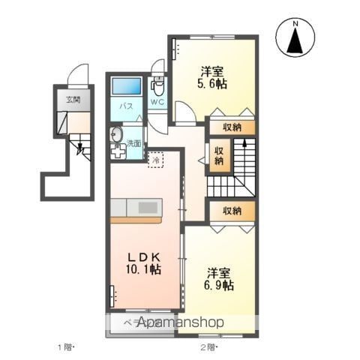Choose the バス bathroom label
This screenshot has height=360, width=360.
pyautogui.click(x=127, y=106)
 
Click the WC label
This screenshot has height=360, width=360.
pyautogui.click(x=157, y=101)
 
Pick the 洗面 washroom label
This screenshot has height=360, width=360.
pyautogui.click(x=133, y=142)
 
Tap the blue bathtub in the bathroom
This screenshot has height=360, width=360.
pyautogui.click(x=127, y=85)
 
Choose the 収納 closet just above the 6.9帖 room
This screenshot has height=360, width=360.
pyautogui.click(x=230, y=211)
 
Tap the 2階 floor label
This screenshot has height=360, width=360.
pyautogui.click(x=208, y=346)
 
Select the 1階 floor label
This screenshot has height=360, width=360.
pyautogui.click(x=66, y=346)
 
